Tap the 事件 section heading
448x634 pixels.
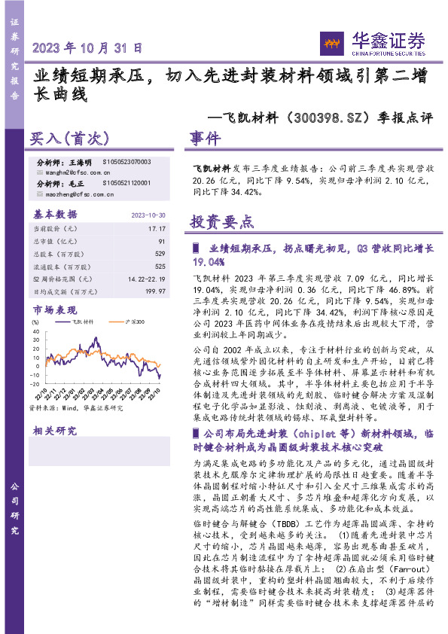click(x=204, y=139)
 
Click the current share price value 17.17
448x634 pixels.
click(x=156, y=227)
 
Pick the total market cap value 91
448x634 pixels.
click(x=160, y=241)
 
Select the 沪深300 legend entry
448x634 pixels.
click(x=113, y=322)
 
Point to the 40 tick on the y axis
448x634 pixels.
click(x=35, y=322)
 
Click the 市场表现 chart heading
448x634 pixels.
click(x=54, y=309)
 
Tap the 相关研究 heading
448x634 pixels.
click(x=54, y=431)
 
